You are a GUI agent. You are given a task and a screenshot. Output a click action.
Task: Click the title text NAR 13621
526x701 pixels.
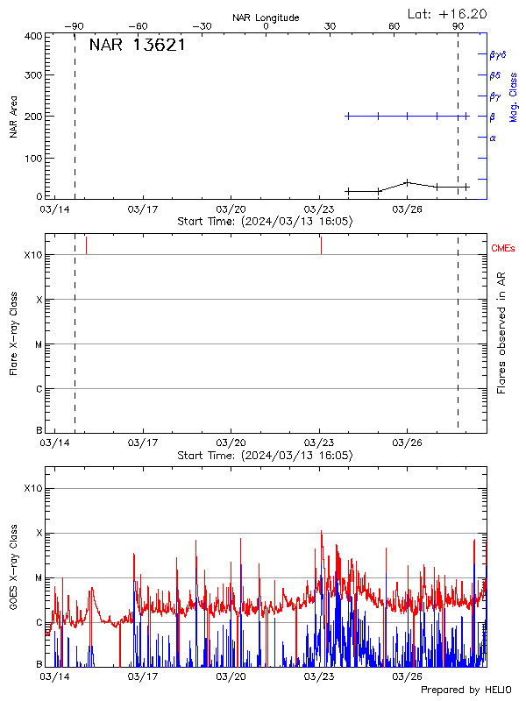(137, 46)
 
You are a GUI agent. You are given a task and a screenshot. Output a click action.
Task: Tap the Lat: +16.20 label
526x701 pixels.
(448, 13)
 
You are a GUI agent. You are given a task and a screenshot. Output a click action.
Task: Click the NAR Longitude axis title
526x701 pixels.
(266, 18)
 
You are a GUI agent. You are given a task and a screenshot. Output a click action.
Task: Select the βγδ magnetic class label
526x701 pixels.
(499, 53)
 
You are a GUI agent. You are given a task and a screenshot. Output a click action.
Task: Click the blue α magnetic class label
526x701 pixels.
(493, 138)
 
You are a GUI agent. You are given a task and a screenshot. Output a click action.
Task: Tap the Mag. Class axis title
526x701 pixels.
(513, 96)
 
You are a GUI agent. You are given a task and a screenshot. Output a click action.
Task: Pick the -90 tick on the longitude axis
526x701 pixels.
(75, 26)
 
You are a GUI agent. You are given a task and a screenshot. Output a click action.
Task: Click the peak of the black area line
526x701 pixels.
(407, 182)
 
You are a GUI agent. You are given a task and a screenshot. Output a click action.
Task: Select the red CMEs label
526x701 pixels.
(503, 249)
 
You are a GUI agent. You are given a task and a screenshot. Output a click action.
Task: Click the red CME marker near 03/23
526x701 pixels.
(321, 244)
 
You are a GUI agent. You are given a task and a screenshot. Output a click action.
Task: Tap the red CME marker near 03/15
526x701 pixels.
(86, 244)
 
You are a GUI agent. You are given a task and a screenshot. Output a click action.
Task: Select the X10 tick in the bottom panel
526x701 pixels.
(32, 488)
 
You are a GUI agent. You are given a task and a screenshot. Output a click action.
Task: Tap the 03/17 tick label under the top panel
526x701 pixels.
(143, 209)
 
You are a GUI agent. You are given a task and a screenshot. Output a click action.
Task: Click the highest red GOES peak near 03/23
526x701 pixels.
(321, 531)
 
